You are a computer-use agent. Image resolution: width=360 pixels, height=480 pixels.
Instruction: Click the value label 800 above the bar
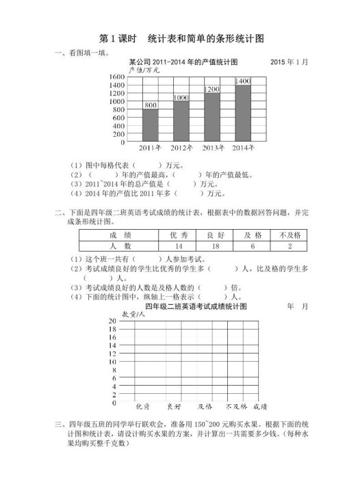(151, 105)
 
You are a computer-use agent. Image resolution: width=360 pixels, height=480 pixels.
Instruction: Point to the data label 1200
(212, 90)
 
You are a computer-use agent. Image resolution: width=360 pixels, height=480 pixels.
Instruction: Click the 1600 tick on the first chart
(116, 77)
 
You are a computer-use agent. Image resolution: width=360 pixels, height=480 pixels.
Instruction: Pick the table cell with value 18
(216, 245)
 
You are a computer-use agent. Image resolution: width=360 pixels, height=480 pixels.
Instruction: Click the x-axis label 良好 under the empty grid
(173, 405)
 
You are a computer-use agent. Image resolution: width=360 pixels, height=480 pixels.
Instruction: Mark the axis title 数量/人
(134, 314)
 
